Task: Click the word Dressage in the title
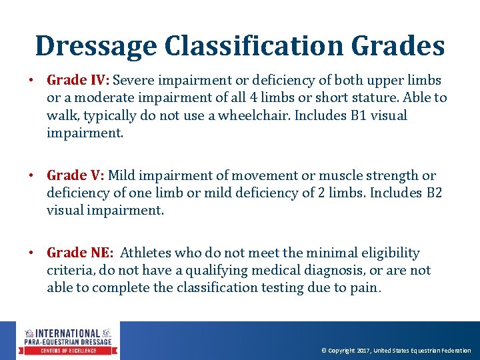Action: pyautogui.click(x=95, y=46)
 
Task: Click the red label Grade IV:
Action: pyautogui.click(x=79, y=81)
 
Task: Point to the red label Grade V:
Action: pyautogui.click(x=75, y=176)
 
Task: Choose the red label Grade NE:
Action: pyautogui.click(x=80, y=253)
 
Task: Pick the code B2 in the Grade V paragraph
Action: pyautogui.click(x=434, y=193)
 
